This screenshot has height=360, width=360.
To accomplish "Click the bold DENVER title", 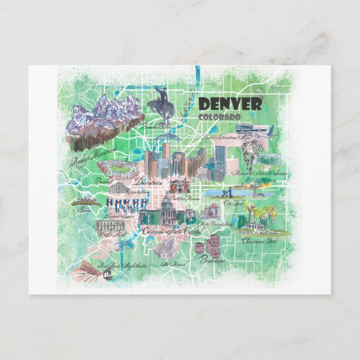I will coord(230,104).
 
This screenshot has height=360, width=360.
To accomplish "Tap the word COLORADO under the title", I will coord(219,116).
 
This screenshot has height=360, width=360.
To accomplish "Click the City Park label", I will coord(233,203).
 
